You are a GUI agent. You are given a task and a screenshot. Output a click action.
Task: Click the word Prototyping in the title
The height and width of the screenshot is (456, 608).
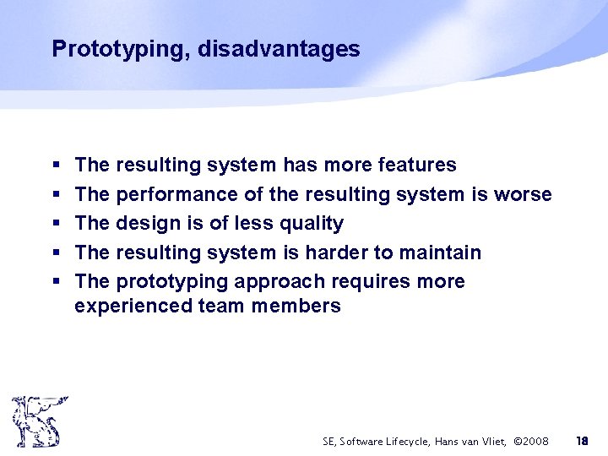pyautogui.click(x=121, y=50)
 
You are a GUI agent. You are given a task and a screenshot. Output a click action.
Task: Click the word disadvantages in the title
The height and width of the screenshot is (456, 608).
pyautogui.click(x=279, y=50)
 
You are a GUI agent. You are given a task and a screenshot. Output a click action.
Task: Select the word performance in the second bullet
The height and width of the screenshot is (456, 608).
pyautogui.click(x=176, y=194)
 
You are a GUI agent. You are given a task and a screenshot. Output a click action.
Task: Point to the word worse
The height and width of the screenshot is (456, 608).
pyautogui.click(x=523, y=194)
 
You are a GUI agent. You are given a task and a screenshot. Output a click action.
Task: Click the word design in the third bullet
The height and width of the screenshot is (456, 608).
pyautogui.click(x=144, y=223)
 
